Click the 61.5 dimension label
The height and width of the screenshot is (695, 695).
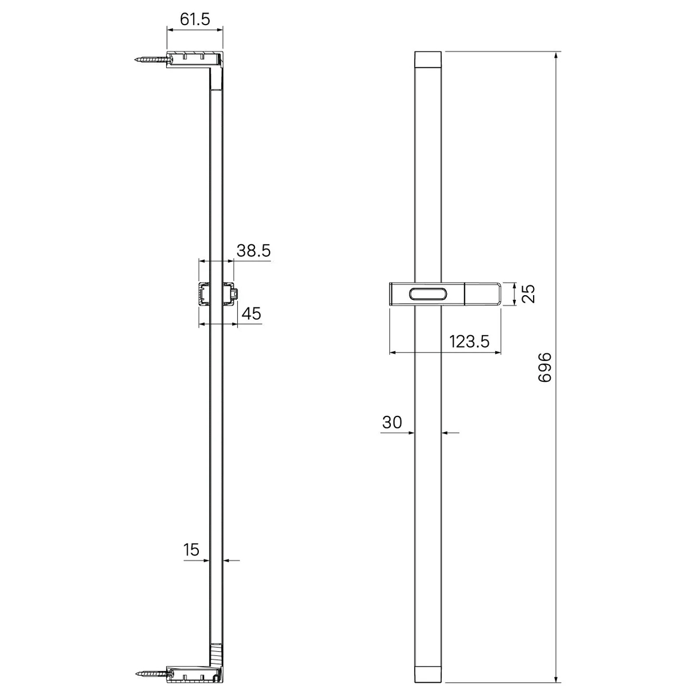(x=195, y=19)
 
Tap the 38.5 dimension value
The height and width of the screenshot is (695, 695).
(x=253, y=250)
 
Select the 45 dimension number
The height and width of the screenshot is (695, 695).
(x=251, y=314)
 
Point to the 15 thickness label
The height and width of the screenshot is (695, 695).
(x=191, y=550)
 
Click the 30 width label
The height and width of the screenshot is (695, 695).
(x=392, y=422)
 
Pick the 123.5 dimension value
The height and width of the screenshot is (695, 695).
(x=469, y=341)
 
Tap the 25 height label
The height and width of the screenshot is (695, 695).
(x=528, y=294)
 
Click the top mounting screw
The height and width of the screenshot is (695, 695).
(x=152, y=59)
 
